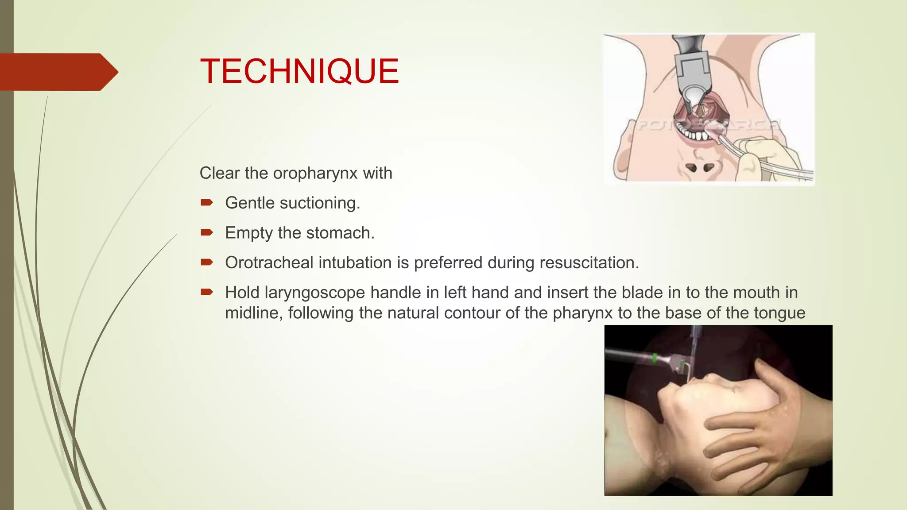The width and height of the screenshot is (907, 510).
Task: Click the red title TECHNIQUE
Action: (x=299, y=71)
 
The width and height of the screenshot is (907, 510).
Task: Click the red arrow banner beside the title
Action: (x=58, y=72)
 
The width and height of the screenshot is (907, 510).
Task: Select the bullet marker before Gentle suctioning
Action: (x=207, y=203)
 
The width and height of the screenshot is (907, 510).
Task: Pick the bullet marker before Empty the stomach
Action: (x=207, y=232)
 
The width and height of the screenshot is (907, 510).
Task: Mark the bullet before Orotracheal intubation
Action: (x=207, y=262)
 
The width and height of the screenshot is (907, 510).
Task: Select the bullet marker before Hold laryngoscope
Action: (x=207, y=292)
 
